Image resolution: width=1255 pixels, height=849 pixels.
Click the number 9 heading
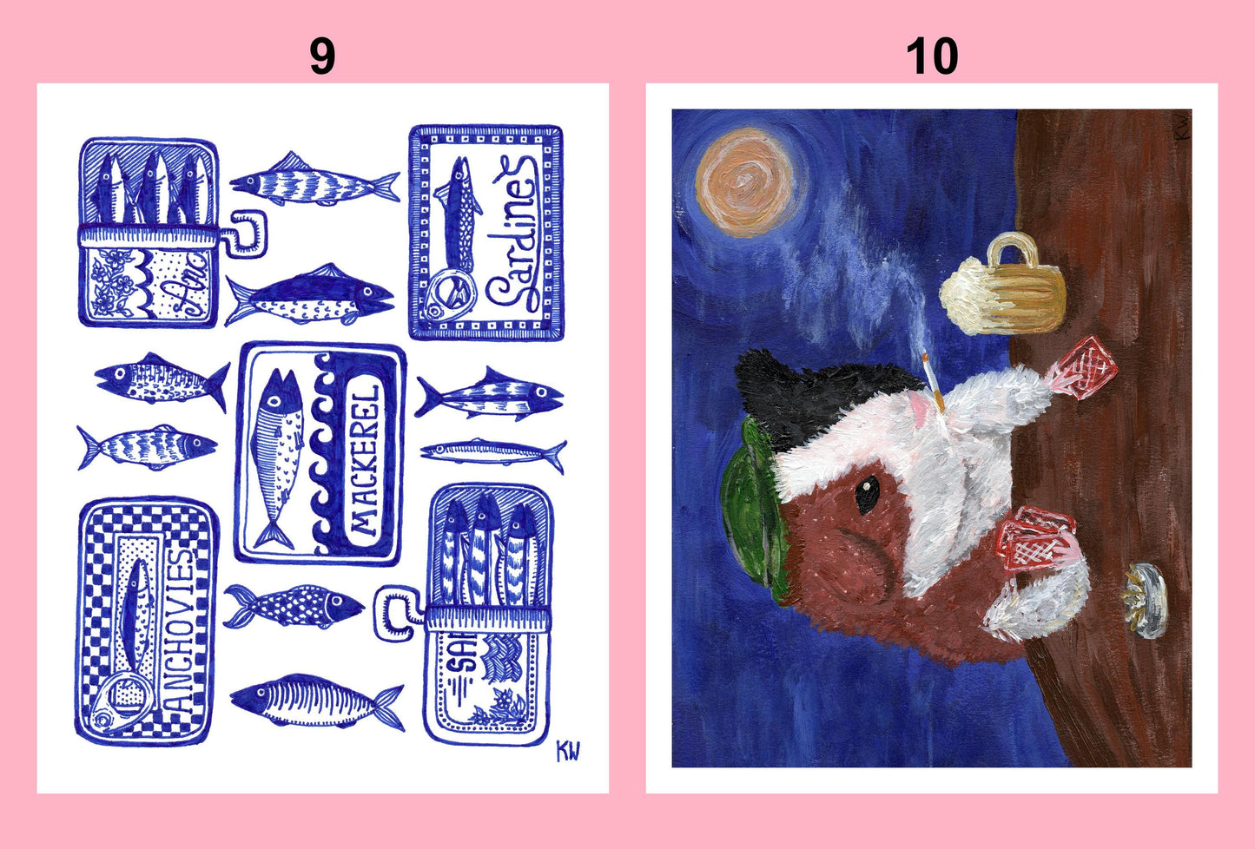(321, 56)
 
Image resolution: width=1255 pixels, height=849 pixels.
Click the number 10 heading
(931, 56)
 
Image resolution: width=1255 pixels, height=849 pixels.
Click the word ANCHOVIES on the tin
(179, 629)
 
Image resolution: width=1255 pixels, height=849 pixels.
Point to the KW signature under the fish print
(567, 751)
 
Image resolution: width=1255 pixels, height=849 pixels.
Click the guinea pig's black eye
(866, 495)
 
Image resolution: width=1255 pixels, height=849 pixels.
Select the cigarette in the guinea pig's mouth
(931, 382)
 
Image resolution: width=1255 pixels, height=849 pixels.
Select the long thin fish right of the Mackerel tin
(493, 452)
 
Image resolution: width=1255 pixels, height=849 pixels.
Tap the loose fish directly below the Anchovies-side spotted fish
(317, 701)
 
